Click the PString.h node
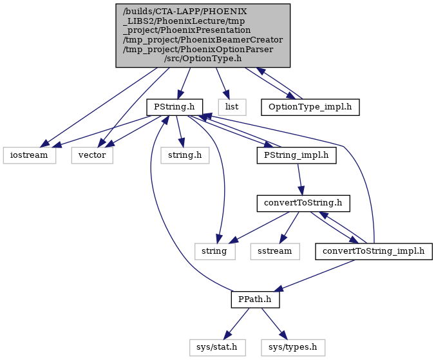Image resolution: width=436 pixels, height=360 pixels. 175,107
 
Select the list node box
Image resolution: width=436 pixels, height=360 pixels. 232,107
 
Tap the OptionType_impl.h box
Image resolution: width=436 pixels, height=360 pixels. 310,107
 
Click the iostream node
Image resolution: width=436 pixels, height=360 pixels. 29,155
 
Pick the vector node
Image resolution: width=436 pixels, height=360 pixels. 92,155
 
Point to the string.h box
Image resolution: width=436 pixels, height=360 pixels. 185,155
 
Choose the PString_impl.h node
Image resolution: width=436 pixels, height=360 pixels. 296,155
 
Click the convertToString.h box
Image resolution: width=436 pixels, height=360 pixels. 303,204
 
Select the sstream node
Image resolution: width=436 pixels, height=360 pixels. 275,251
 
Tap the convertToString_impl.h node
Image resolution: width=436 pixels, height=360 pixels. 374,251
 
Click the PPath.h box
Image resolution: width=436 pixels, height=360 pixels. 255,299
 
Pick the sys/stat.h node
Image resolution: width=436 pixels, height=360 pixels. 217,348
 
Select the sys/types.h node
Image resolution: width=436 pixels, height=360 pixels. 293,348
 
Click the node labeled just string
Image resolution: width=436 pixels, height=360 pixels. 214,251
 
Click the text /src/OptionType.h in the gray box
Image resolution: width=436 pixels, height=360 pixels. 203,59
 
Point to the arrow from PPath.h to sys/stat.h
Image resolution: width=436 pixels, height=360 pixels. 237,323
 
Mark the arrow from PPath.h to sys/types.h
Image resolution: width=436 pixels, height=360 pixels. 274,323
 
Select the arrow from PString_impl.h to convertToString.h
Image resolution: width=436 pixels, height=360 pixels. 299,179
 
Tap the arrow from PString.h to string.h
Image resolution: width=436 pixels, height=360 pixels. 179,131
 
